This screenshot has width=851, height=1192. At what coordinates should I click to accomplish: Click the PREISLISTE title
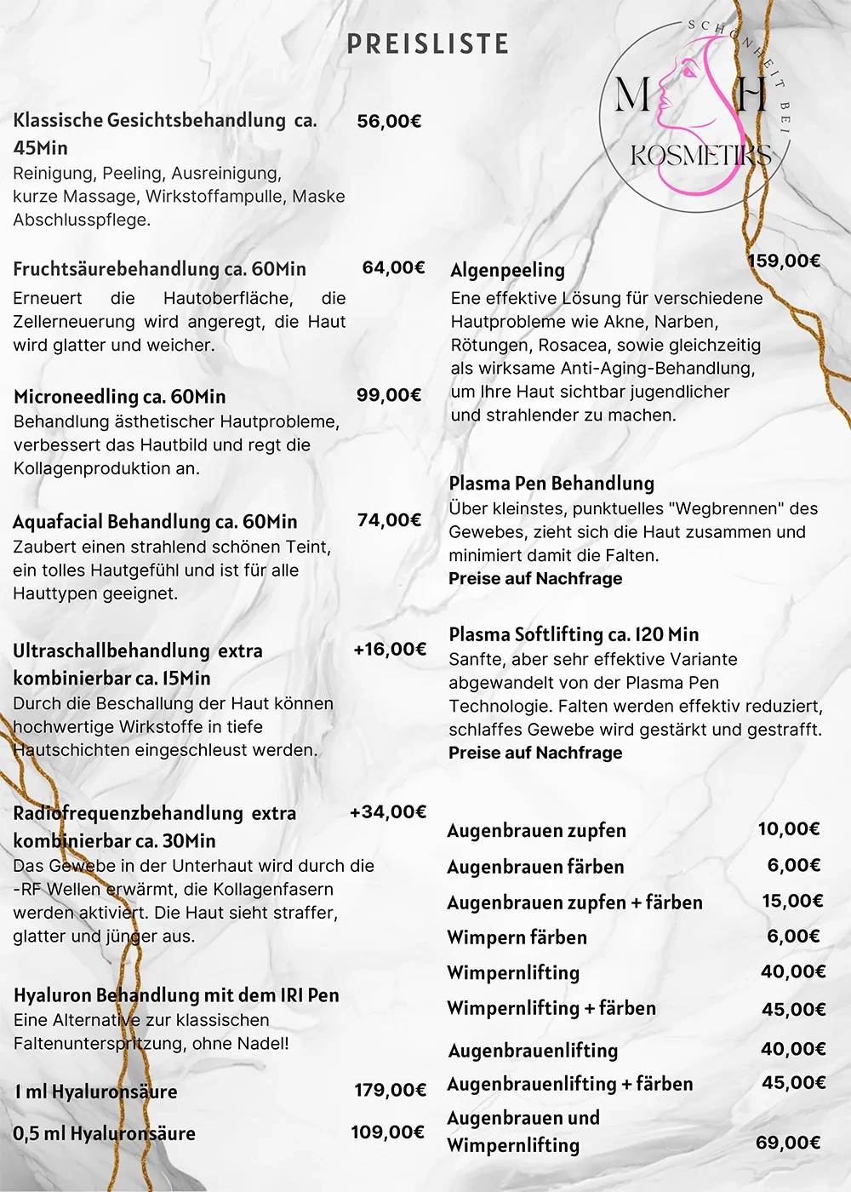pyautogui.click(x=427, y=44)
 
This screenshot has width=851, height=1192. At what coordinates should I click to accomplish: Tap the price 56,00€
pyautogui.click(x=389, y=121)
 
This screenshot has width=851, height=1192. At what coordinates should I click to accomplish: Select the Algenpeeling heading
pyautogui.click(x=507, y=270)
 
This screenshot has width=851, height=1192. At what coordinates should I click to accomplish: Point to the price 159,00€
pyautogui.click(x=784, y=261)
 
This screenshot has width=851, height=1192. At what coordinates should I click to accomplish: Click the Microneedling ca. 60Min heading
pyautogui.click(x=120, y=397)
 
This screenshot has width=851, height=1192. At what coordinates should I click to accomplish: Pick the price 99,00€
pyautogui.click(x=389, y=395)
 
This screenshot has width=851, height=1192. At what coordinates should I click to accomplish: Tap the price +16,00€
pyautogui.click(x=390, y=650)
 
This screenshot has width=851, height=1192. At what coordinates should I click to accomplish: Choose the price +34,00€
pyautogui.click(x=388, y=812)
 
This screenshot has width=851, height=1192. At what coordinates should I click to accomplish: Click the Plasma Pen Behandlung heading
pyautogui.click(x=551, y=484)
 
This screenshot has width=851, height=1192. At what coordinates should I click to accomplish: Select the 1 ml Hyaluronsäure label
pyautogui.click(x=96, y=1092)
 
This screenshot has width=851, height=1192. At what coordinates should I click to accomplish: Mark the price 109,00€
pyautogui.click(x=388, y=1132)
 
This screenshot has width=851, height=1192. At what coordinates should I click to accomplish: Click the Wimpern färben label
pyautogui.click(x=517, y=937)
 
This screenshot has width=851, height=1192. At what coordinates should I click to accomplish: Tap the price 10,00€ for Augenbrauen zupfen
pyautogui.click(x=789, y=829)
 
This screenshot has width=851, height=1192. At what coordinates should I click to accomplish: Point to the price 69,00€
pyautogui.click(x=788, y=1143)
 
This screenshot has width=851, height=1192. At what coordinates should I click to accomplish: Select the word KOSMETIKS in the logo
pyautogui.click(x=700, y=156)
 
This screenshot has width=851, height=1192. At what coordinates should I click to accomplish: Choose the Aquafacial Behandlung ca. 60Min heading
pyautogui.click(x=155, y=522)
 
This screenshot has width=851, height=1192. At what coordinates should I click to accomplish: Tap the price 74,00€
pyautogui.click(x=389, y=520)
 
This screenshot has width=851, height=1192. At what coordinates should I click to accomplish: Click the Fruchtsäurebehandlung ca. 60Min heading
pyautogui.click(x=159, y=269)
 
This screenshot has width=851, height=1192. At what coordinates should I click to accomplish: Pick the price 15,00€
pyautogui.click(x=792, y=901)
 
